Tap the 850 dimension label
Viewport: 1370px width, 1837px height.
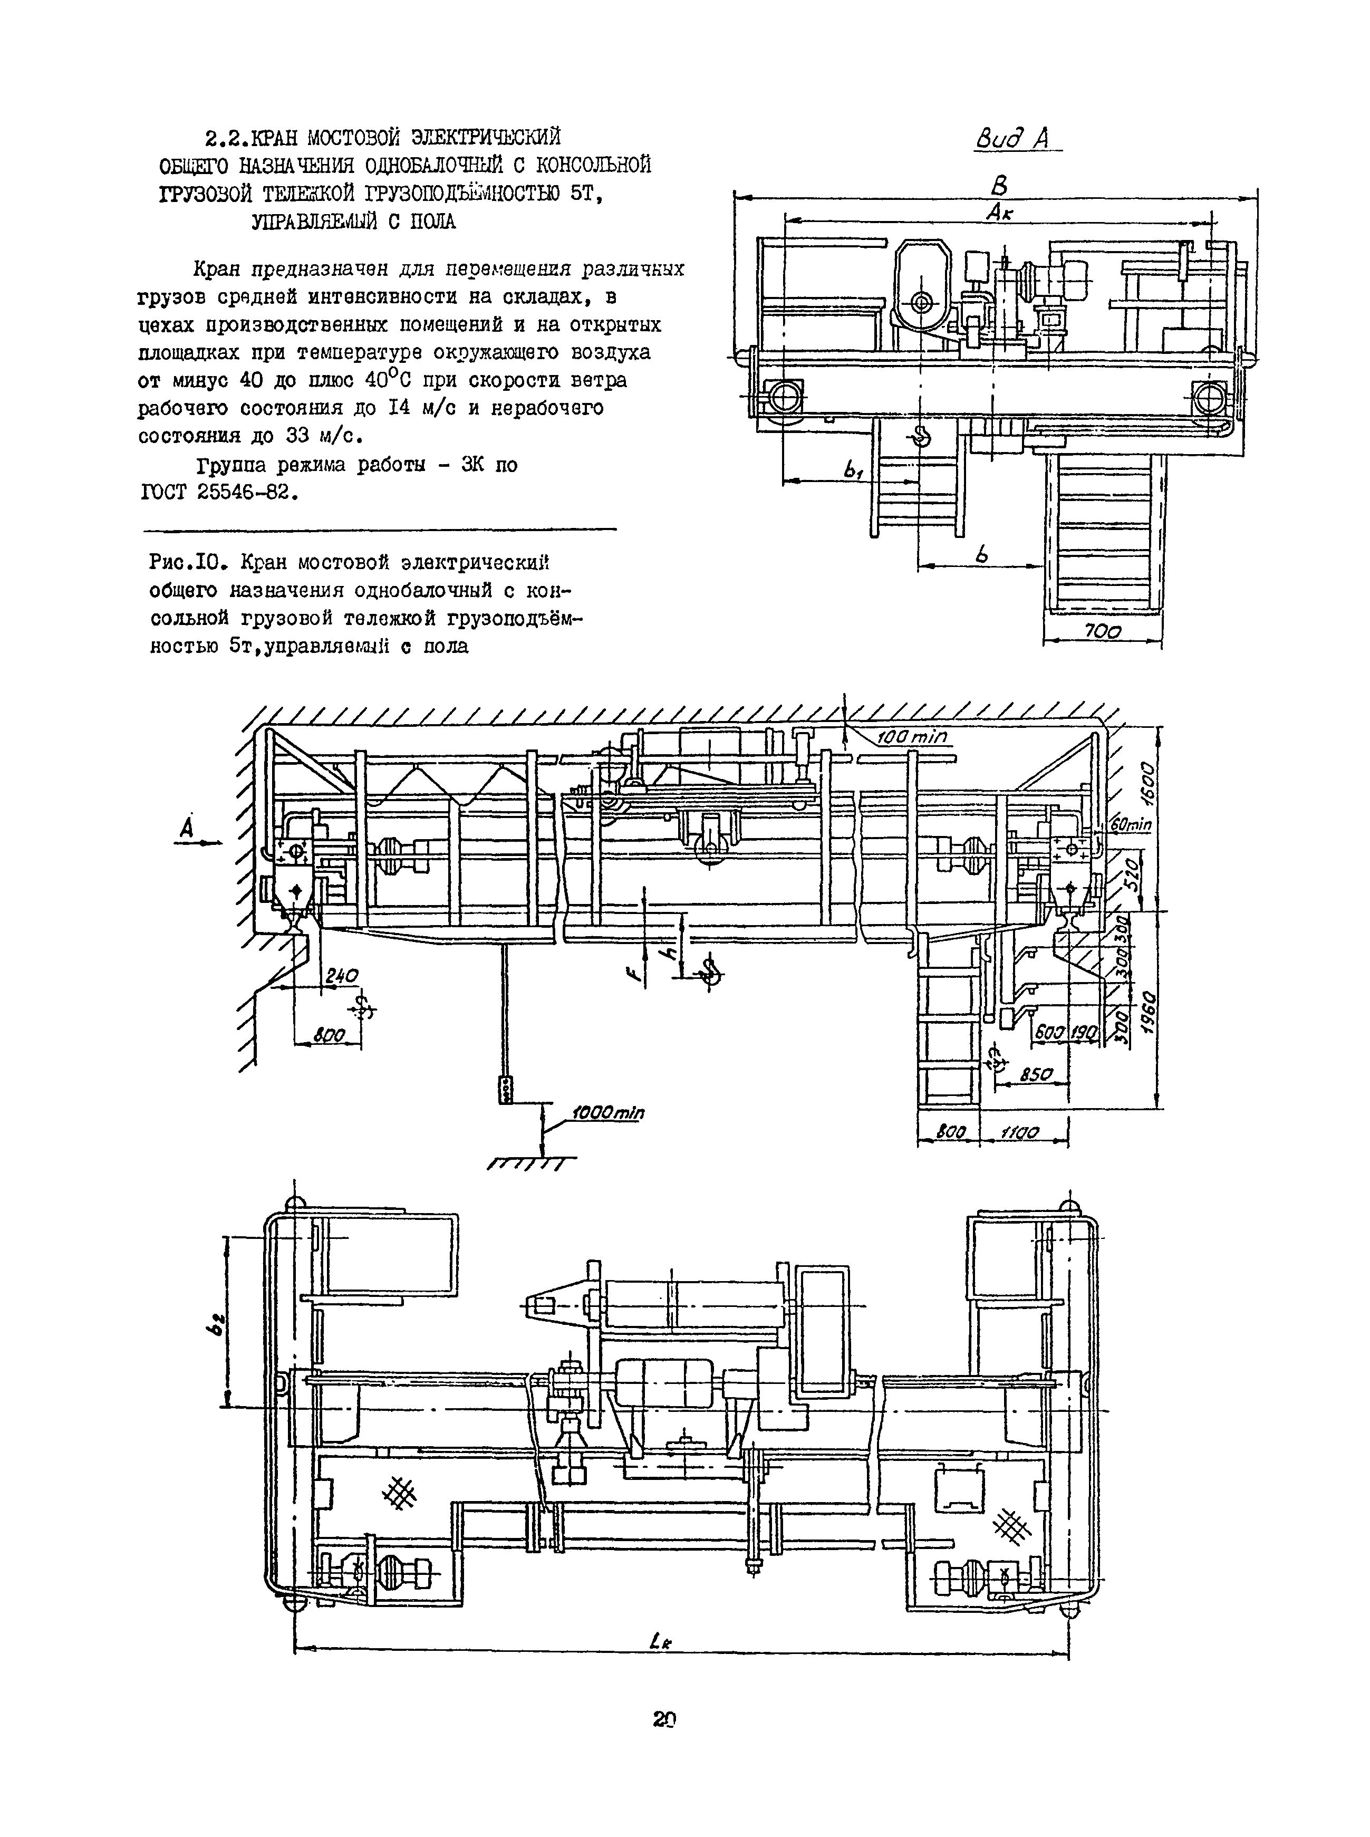click(1036, 1074)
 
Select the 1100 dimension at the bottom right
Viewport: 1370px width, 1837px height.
click(1025, 1132)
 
